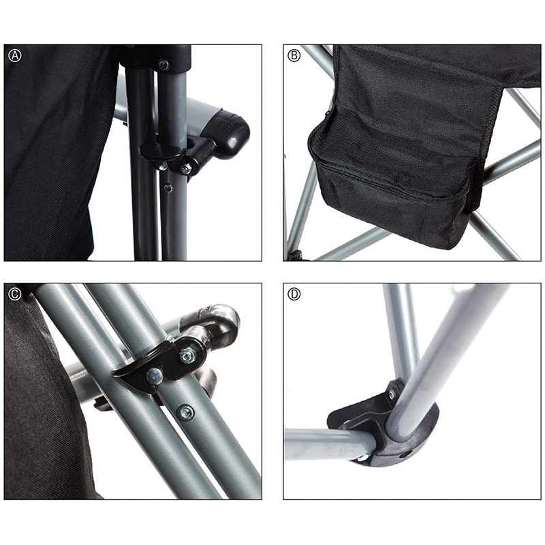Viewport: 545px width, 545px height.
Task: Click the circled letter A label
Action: pyautogui.click(x=15, y=56)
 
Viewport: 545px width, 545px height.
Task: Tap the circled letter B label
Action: pyautogui.click(x=294, y=56)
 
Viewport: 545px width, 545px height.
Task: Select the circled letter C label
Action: pyautogui.click(x=15, y=294)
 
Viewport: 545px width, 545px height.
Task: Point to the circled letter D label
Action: pyautogui.click(x=294, y=294)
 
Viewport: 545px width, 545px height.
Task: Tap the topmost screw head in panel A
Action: pyautogui.click(x=163, y=64)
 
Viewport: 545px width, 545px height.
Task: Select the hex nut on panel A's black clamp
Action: pyautogui.click(x=186, y=169)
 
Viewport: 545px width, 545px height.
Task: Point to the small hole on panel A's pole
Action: pyautogui.click(x=168, y=188)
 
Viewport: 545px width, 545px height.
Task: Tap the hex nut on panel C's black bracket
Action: pyautogui.click(x=187, y=356)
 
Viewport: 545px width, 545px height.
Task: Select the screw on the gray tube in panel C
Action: pyautogui.click(x=185, y=413)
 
